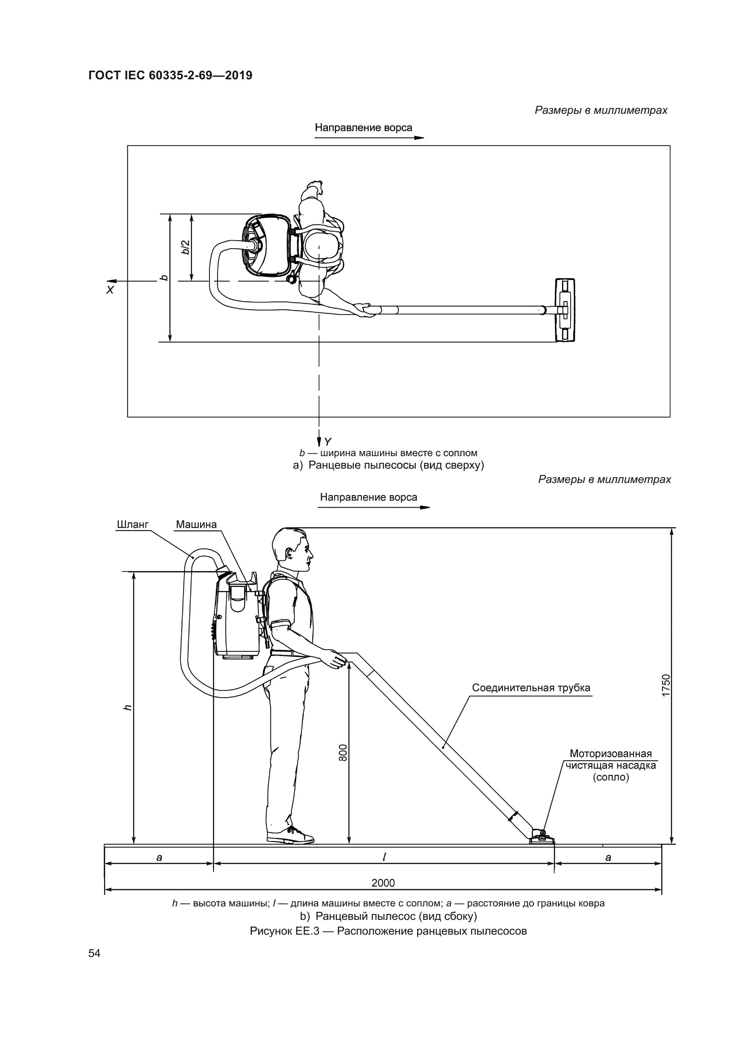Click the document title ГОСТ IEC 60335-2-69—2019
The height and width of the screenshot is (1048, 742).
pos(170,75)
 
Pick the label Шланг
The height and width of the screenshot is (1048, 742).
pos(132,525)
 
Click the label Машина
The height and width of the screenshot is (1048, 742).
pos(196,525)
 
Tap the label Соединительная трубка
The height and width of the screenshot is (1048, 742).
pos(531,687)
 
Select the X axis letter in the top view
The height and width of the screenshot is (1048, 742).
pos(109,290)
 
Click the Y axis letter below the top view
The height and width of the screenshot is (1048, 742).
pos(327,441)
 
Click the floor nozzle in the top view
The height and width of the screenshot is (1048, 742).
pos(565,310)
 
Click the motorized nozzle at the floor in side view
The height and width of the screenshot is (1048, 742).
pos(542,837)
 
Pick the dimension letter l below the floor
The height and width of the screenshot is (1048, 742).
pos(384,857)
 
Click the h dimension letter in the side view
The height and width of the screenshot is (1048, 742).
pos(128,707)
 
